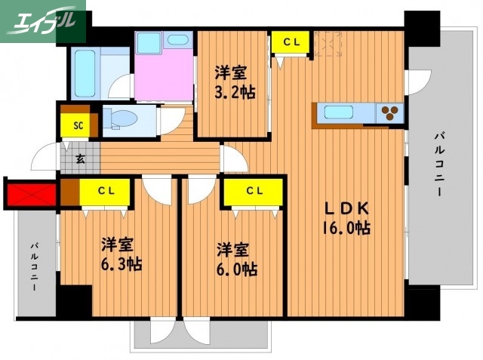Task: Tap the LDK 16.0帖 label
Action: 347,217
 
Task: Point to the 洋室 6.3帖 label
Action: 119,254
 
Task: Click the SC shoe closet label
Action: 78,125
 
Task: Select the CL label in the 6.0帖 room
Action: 253,191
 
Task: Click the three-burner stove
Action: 391,113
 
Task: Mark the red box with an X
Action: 30,195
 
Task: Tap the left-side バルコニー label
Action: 34,267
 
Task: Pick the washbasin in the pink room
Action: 179,41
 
